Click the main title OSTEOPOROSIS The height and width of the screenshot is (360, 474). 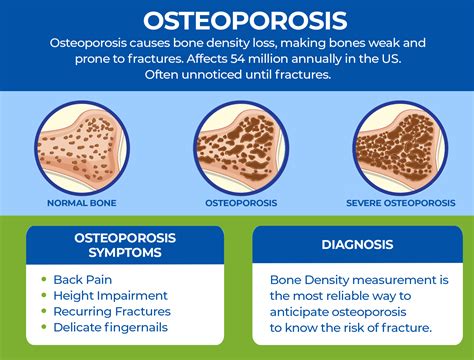pyautogui.click(x=237, y=20)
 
